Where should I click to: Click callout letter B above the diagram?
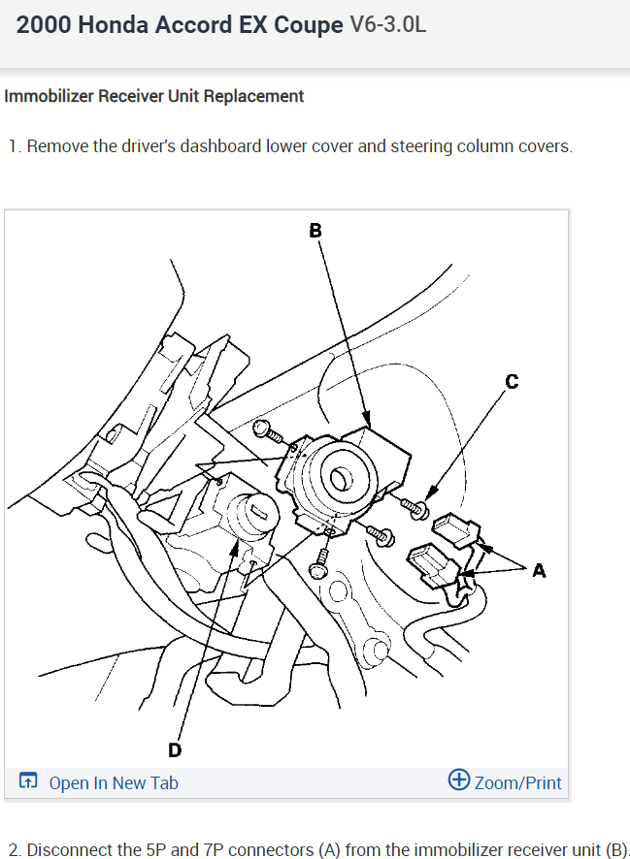click(315, 231)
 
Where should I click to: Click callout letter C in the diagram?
click(512, 382)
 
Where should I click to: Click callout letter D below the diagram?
click(175, 749)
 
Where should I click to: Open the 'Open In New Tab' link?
click(113, 782)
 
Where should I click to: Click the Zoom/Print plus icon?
click(459, 780)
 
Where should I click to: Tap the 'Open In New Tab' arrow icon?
click(29, 781)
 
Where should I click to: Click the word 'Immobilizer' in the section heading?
click(47, 96)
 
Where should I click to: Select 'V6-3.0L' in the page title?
click(386, 25)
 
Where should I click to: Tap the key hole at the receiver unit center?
click(340, 479)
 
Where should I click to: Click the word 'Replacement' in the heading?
click(259, 96)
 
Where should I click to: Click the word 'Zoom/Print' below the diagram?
click(518, 782)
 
